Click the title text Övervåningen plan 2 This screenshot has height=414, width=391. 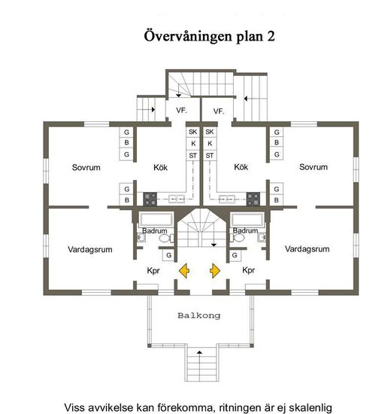click(x=209, y=36)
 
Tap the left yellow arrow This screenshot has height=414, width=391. click(x=184, y=271)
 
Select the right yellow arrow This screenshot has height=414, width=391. click(x=215, y=271)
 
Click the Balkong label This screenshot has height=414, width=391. click(x=199, y=315)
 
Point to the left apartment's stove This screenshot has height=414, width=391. click(x=150, y=199)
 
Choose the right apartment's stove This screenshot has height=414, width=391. click(x=253, y=199)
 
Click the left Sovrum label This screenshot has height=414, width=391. click(x=86, y=167)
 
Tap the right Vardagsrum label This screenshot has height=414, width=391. click(x=307, y=249)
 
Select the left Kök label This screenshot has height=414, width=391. click(x=160, y=167)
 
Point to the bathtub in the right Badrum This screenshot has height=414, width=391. click(x=247, y=220)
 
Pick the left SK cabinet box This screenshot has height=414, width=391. click(x=192, y=132)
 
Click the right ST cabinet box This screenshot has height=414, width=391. click(x=210, y=156)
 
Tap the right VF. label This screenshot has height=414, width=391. click(x=219, y=111)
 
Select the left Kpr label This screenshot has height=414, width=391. click(x=153, y=271)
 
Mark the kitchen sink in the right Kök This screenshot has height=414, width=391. click(x=227, y=198)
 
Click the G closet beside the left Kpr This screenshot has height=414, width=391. click(x=168, y=255)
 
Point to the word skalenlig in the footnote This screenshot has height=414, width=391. click(x=311, y=408)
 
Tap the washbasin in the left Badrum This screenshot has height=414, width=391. click(x=141, y=238)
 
